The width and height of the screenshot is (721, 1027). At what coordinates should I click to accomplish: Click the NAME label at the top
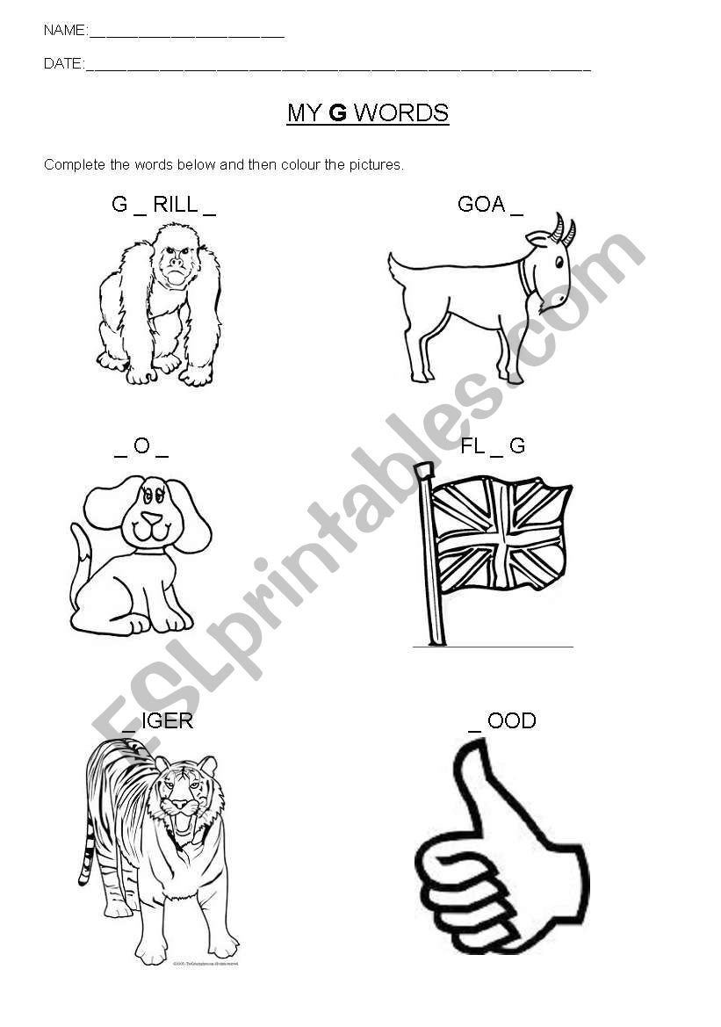click(65, 30)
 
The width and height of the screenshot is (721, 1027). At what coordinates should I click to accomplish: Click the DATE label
click(63, 63)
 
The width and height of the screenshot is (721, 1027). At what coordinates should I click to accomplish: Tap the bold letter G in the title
click(337, 113)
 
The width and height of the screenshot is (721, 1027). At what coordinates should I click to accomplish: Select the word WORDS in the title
click(400, 113)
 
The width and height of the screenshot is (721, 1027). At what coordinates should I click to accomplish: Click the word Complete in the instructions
click(74, 165)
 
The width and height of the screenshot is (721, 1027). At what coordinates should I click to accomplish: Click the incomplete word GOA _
click(491, 205)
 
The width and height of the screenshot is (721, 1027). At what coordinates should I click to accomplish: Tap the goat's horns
click(564, 228)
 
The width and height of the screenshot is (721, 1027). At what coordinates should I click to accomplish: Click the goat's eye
click(559, 262)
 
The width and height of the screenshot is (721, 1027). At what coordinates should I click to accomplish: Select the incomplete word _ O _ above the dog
click(141, 446)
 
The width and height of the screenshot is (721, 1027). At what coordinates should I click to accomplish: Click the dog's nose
click(152, 518)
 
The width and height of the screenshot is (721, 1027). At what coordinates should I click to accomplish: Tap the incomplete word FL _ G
click(493, 446)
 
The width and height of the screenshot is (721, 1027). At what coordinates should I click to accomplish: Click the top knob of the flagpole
click(424, 469)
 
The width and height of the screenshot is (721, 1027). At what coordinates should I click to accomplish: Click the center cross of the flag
click(501, 541)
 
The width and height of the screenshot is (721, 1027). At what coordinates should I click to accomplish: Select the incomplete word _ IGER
click(158, 722)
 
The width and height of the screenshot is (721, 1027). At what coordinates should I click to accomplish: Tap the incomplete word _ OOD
click(502, 722)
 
